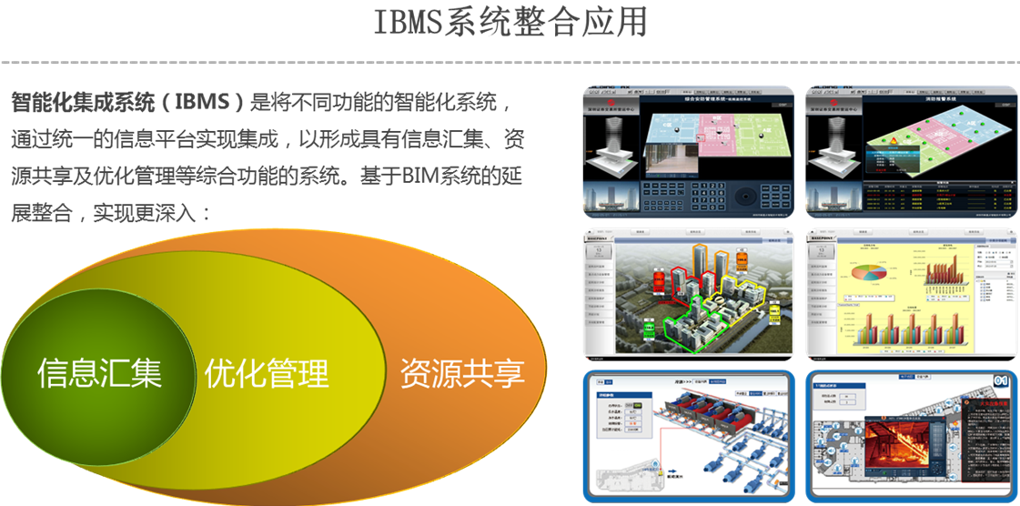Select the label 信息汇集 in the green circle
coord(99,373)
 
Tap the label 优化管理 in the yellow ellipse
coord(266,373)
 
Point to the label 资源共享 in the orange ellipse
coord(462,373)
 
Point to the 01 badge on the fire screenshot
coord(1000,379)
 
